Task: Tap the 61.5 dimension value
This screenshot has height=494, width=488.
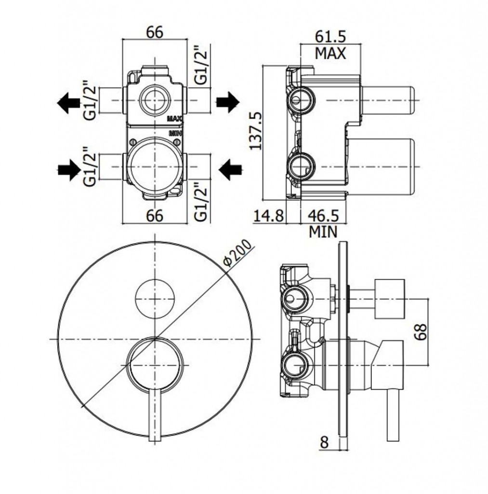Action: (330, 36)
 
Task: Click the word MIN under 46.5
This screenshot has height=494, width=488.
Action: (323, 232)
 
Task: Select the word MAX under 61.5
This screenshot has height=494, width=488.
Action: (330, 53)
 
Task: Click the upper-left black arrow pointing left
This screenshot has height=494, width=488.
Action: (68, 102)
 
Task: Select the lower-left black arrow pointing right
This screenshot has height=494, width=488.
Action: (68, 169)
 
